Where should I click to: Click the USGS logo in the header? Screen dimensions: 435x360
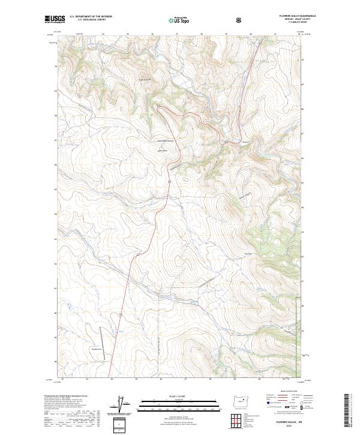click(x=55, y=19)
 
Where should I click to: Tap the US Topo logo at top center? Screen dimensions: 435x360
click(x=179, y=19)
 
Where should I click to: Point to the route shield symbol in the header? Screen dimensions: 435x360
click(x=239, y=19)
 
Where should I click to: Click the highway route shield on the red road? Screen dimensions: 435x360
click(x=121, y=314)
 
